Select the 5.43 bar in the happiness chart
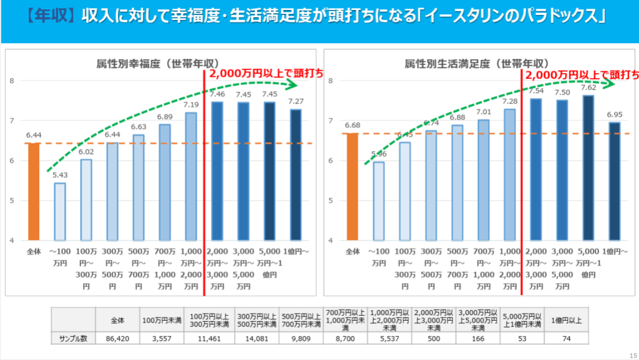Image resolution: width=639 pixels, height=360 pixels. [x=60, y=212]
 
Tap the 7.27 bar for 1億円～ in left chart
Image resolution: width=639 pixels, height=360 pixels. [x=295, y=175]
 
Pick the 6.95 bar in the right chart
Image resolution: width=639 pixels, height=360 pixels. [x=614, y=181]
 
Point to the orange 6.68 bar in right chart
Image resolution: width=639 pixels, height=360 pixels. [x=353, y=187]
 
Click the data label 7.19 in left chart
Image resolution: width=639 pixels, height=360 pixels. [x=191, y=105]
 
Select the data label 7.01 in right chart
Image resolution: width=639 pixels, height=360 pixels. [x=484, y=112]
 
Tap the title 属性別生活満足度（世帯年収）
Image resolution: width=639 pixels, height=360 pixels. [x=476, y=64]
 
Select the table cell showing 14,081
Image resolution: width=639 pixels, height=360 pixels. [x=256, y=338]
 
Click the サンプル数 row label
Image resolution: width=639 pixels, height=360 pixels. [x=72, y=338]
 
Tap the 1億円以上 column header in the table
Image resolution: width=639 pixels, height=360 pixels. [x=566, y=321]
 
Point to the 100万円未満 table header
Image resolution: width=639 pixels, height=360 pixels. [x=162, y=321]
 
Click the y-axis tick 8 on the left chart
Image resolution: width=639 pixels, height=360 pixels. [x=12, y=80]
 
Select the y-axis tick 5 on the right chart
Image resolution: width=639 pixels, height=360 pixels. [x=330, y=201]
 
